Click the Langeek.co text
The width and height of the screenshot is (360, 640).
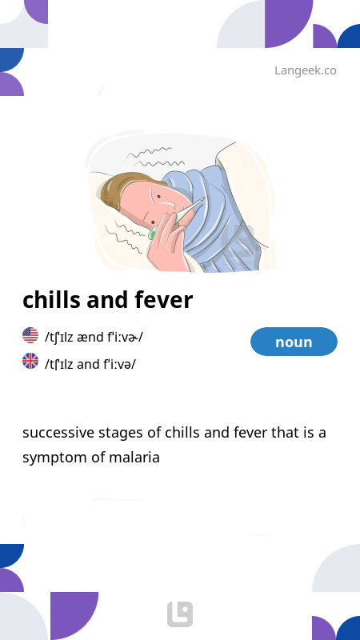point(305,70)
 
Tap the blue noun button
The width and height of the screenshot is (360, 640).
point(294,342)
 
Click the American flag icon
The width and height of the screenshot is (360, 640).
point(30,336)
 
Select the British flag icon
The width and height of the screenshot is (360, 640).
point(30,362)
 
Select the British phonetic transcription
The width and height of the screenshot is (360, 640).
point(90,364)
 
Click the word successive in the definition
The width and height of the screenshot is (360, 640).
point(57,433)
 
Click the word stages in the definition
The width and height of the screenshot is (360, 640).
point(120,433)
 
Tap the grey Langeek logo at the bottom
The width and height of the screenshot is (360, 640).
point(180,614)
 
